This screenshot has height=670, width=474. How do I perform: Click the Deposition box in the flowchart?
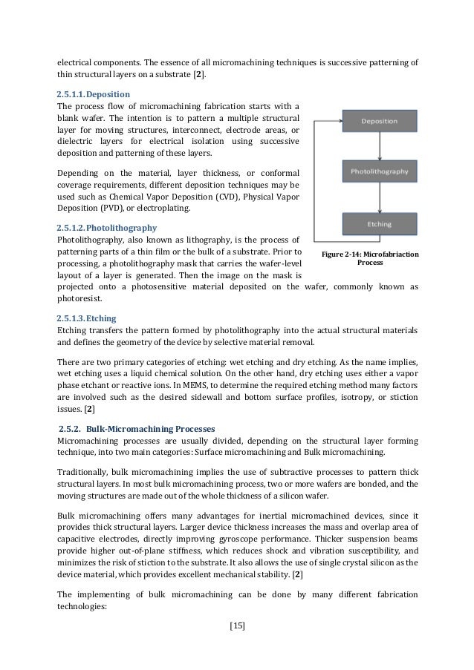pyautogui.click(x=379, y=120)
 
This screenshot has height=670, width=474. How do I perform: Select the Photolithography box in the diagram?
pyautogui.click(x=379, y=171)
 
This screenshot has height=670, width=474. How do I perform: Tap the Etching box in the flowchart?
pyautogui.click(x=379, y=222)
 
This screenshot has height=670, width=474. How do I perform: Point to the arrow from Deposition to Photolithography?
pyautogui.click(x=379, y=145)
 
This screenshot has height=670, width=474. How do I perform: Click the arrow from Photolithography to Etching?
pyautogui.click(x=379, y=197)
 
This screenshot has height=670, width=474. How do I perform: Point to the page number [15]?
pyautogui.click(x=236, y=625)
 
